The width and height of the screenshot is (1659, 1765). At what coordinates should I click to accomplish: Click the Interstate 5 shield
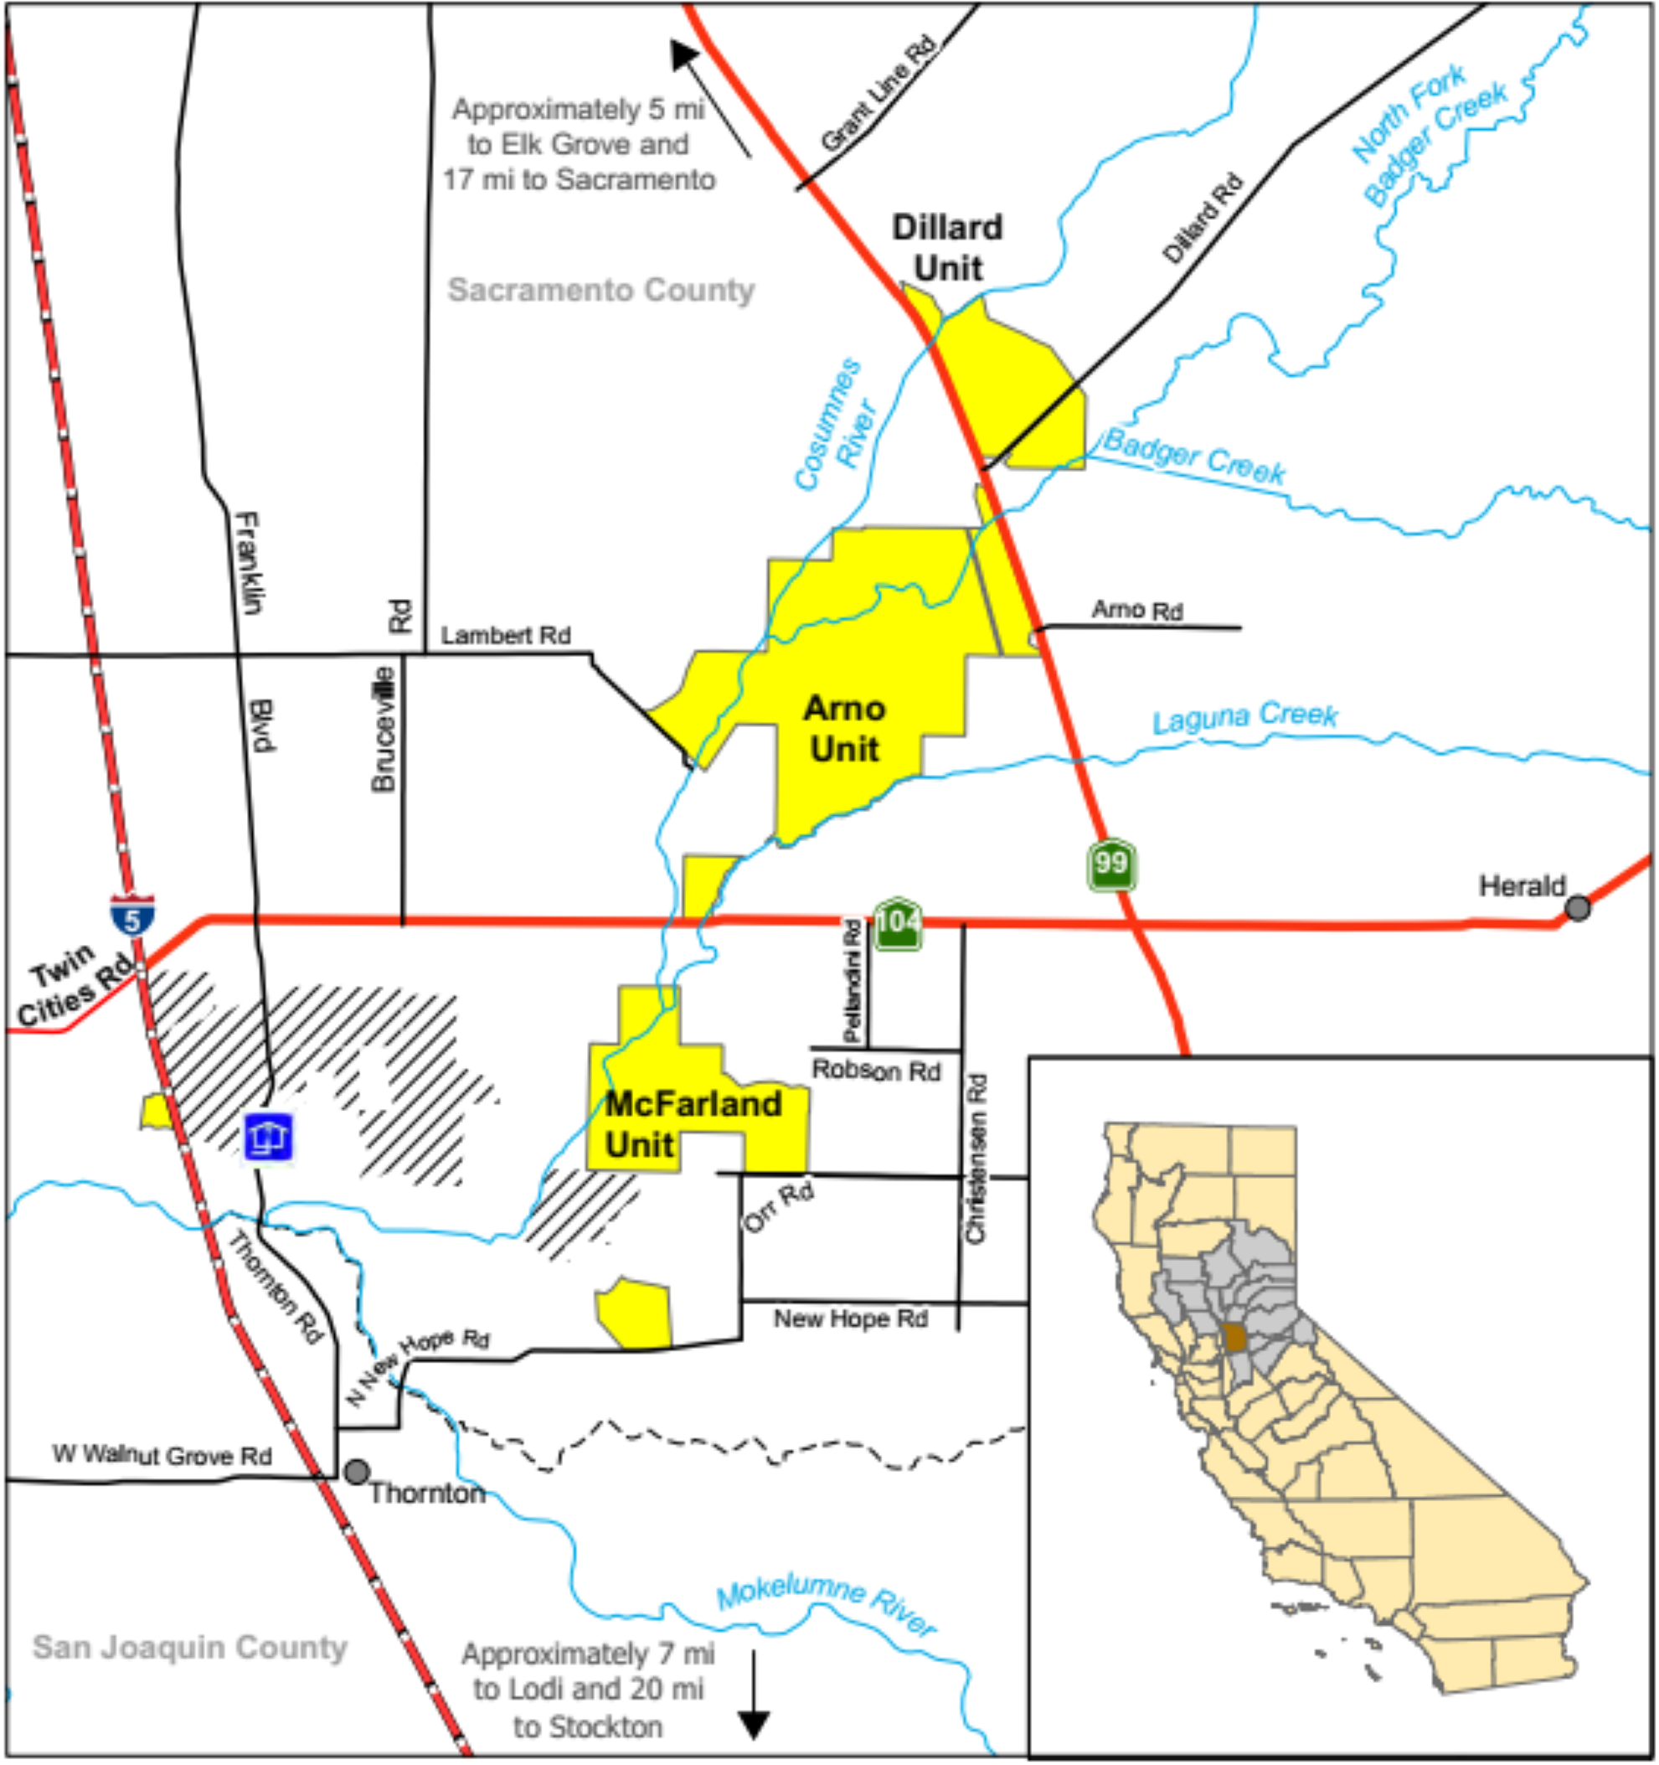(x=132, y=916)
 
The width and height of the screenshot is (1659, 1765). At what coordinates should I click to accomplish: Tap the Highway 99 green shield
(x=1110, y=864)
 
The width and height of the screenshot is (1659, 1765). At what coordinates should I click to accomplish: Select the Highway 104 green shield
(x=898, y=923)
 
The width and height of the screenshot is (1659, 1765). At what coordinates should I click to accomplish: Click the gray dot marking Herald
(x=1577, y=907)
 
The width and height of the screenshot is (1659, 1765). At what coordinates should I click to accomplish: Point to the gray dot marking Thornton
(x=357, y=1472)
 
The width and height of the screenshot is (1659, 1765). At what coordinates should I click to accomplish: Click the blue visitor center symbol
(x=268, y=1137)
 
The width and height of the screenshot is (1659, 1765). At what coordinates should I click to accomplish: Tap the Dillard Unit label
(x=947, y=248)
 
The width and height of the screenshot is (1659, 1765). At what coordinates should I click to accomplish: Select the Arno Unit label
(x=844, y=729)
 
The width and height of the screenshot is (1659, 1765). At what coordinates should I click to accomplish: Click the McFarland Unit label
(x=692, y=1124)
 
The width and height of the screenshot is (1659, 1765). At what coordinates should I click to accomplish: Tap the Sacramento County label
(x=601, y=290)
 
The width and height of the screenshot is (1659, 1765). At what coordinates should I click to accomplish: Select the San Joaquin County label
(x=190, y=1648)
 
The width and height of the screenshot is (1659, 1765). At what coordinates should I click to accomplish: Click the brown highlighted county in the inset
(x=1234, y=1337)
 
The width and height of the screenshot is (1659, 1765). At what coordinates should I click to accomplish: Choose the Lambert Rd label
(x=505, y=636)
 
